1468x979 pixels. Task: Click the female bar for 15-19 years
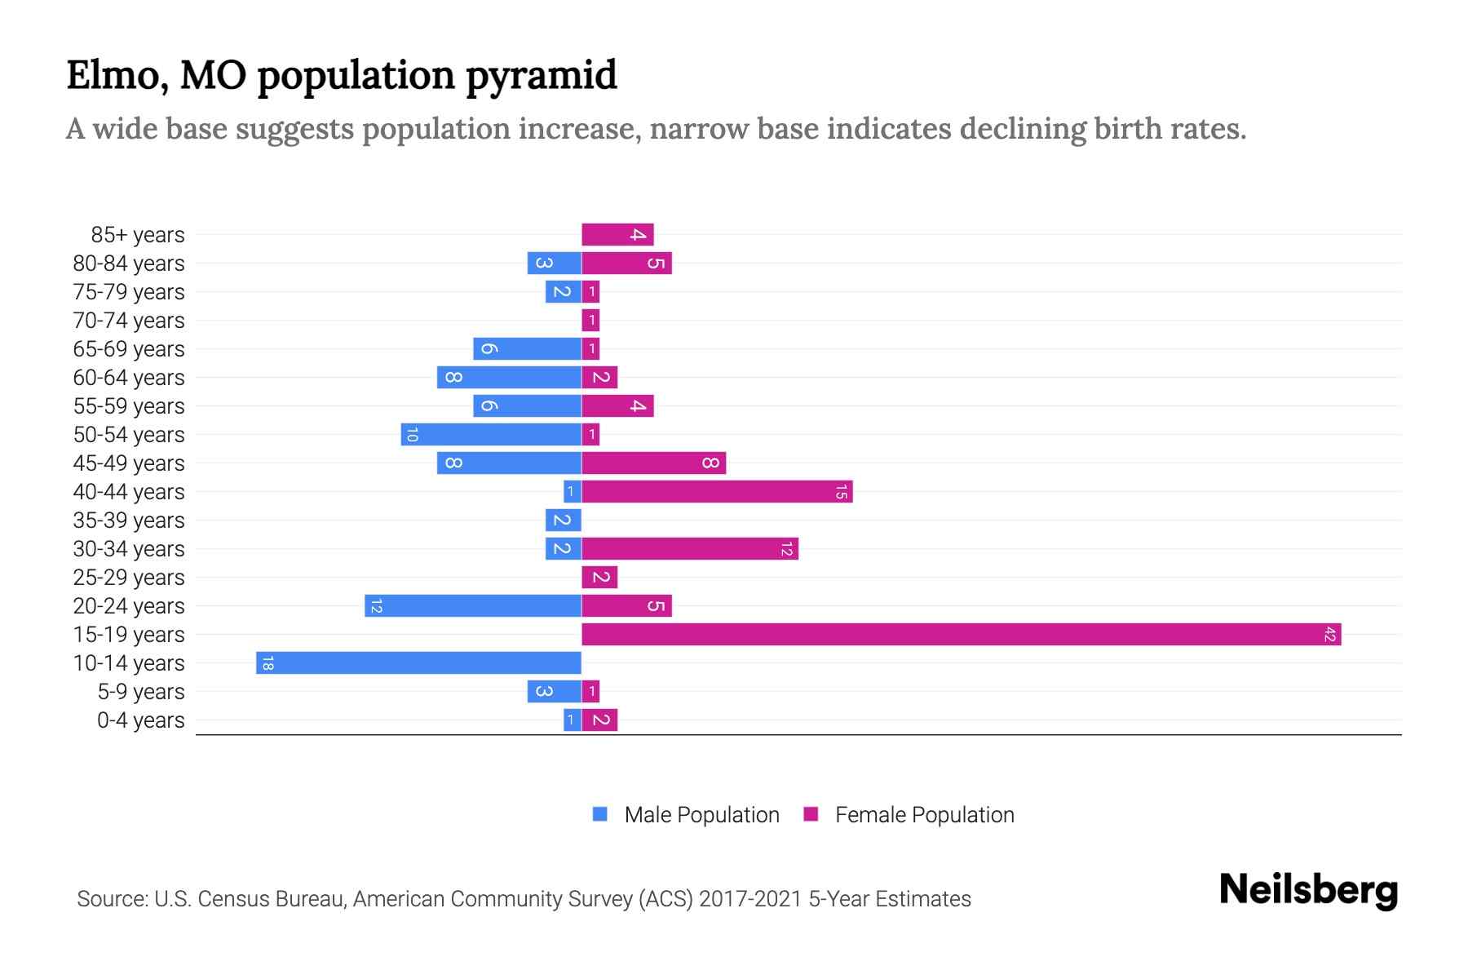(961, 634)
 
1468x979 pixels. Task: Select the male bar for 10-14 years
(418, 662)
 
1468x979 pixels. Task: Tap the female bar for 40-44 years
(717, 491)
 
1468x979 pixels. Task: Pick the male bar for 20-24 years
(473, 605)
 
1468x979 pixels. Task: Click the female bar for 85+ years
(617, 234)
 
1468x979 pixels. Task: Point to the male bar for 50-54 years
(491, 434)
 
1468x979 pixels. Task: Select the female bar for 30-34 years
(690, 548)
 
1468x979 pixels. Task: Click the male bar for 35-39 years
(563, 520)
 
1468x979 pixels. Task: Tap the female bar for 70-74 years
(590, 320)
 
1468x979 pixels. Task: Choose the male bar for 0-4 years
(572, 720)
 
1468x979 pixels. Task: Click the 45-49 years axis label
(129, 463)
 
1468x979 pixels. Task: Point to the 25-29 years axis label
(129, 577)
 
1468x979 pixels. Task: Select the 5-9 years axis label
(141, 691)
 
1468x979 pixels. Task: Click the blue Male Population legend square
(600, 814)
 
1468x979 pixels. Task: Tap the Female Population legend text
(924, 814)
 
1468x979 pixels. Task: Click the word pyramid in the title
(542, 75)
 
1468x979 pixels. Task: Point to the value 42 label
(1329, 634)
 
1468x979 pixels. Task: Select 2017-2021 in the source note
(750, 898)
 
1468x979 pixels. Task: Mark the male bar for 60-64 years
(509, 377)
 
